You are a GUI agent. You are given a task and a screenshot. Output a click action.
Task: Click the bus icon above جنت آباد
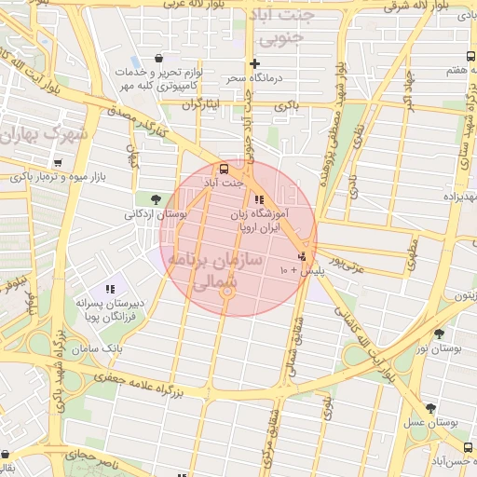tap(223, 170)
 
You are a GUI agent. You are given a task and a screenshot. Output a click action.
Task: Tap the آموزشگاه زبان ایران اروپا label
tap(259, 220)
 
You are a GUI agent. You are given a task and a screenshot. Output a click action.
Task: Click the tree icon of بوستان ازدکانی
tap(155, 198)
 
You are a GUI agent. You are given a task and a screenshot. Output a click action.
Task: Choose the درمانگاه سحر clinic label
tap(224, 77)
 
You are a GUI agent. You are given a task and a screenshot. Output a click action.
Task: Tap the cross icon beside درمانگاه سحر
tap(255, 63)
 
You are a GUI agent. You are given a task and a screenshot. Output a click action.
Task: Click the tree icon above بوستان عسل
tap(429, 407)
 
